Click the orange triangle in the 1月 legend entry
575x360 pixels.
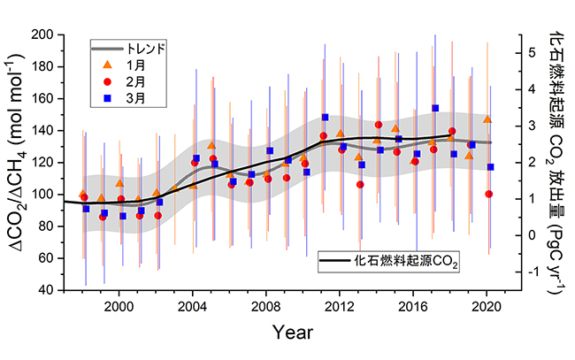click(107, 64)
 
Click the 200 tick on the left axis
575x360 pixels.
click(45, 34)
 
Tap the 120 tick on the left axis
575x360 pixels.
click(45, 163)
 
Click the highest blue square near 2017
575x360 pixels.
click(435, 108)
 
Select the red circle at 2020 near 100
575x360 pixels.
click(489, 194)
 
